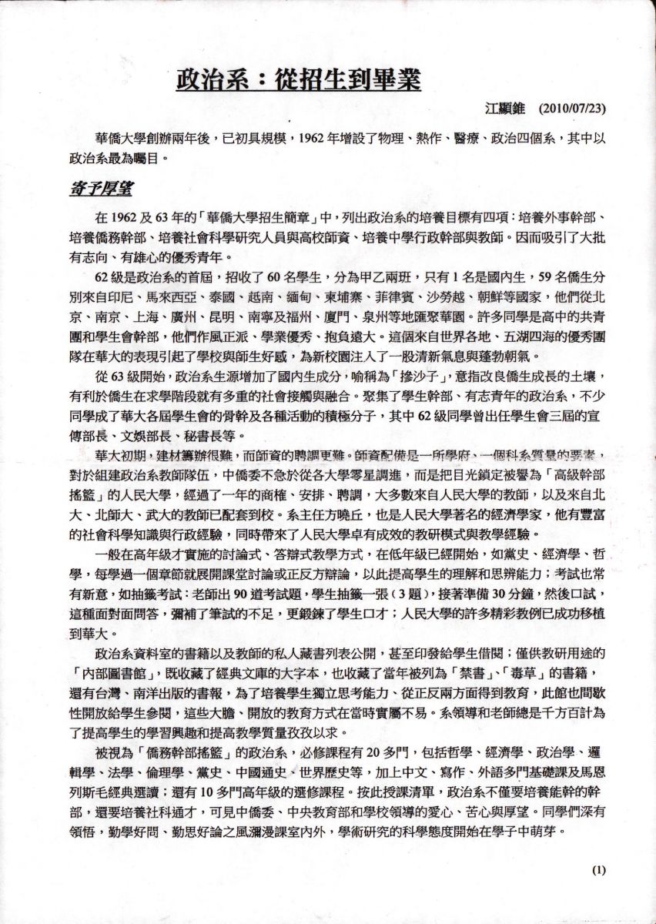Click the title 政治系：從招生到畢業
click(299, 79)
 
